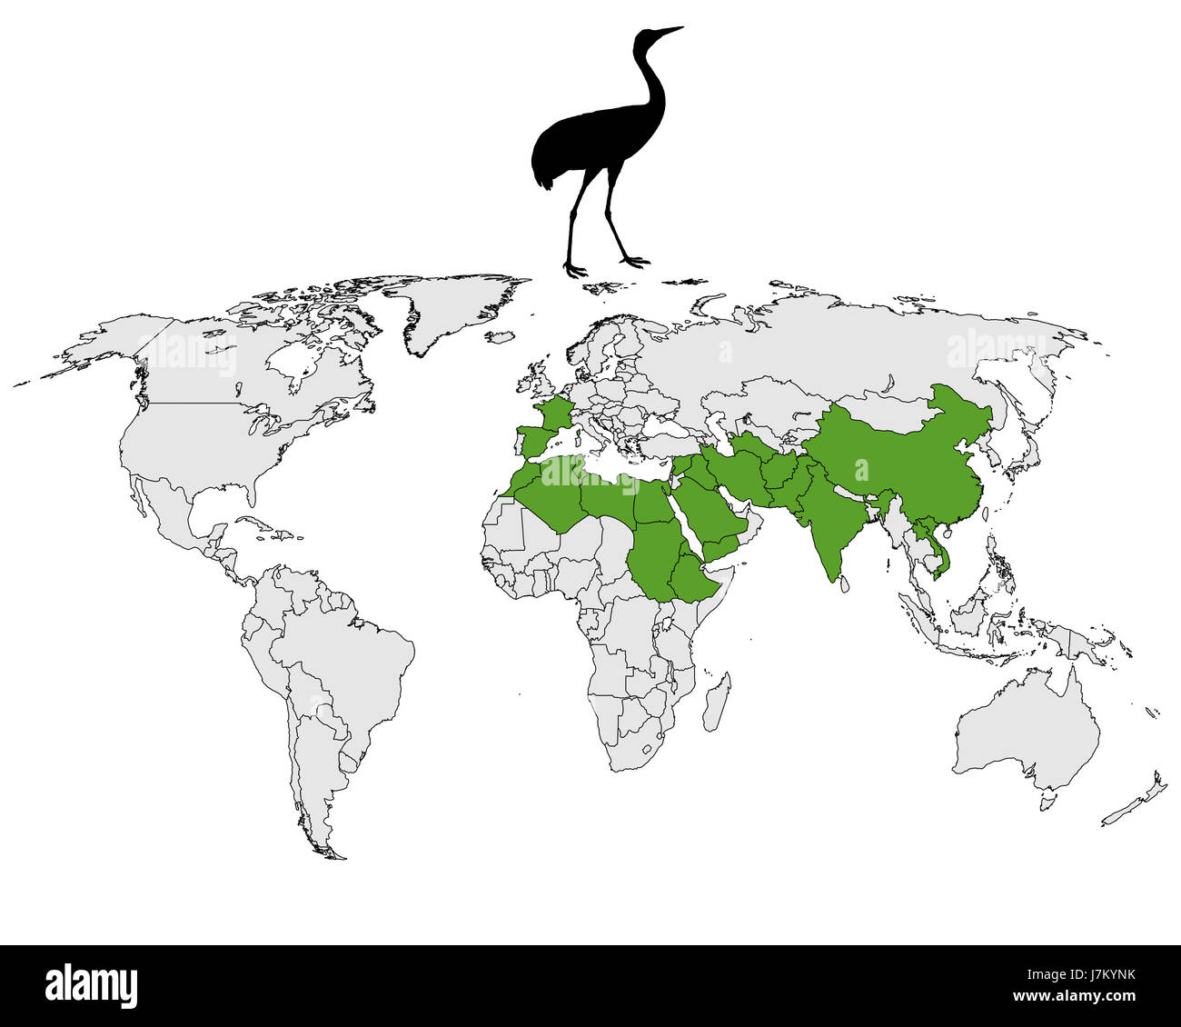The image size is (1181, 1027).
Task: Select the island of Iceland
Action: (x=501, y=339)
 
